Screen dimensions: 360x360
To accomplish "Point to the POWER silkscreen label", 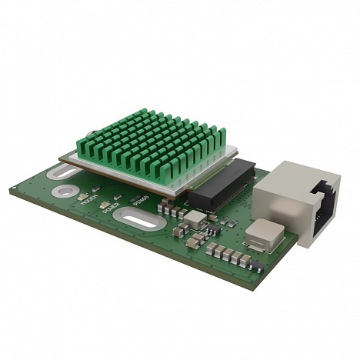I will [x=114, y=206].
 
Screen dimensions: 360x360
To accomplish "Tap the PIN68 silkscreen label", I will [x=140, y=202].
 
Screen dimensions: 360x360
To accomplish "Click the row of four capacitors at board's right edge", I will [x=230, y=255].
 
